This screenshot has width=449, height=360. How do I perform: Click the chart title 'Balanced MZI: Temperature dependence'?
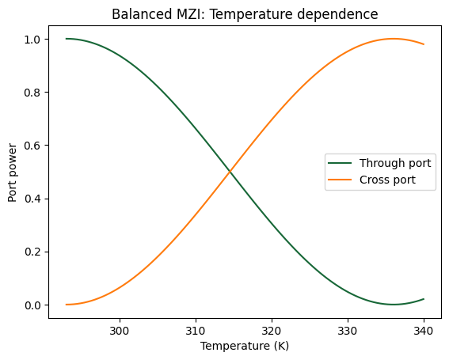click(245, 14)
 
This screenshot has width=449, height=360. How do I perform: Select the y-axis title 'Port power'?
click(13, 172)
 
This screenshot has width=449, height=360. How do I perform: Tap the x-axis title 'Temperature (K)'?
click(245, 346)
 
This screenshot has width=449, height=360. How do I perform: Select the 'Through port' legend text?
click(394, 164)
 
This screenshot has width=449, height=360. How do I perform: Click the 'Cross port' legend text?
click(387, 180)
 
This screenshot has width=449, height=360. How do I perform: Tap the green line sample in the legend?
click(341, 164)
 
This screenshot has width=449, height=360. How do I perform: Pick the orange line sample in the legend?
click(341, 180)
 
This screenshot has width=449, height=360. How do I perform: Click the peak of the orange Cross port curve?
click(393, 39)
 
